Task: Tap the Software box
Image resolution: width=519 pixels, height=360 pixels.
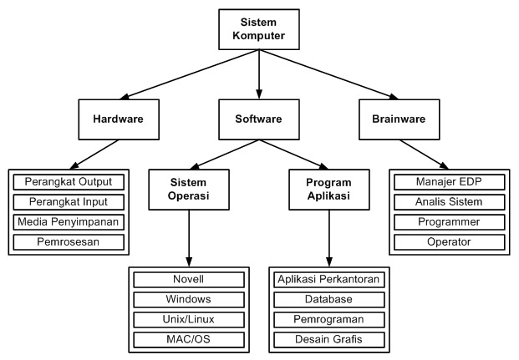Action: coord(259,119)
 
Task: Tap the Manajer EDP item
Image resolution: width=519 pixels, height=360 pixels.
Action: coord(448,181)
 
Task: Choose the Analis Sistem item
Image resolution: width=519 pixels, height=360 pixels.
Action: coord(448,201)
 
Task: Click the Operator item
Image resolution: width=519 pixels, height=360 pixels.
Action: coord(448,242)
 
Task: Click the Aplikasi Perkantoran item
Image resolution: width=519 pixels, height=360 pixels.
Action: coord(328,279)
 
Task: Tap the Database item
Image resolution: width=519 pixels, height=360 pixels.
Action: coord(328,299)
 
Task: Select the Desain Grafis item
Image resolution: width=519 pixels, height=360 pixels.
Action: coord(328,340)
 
